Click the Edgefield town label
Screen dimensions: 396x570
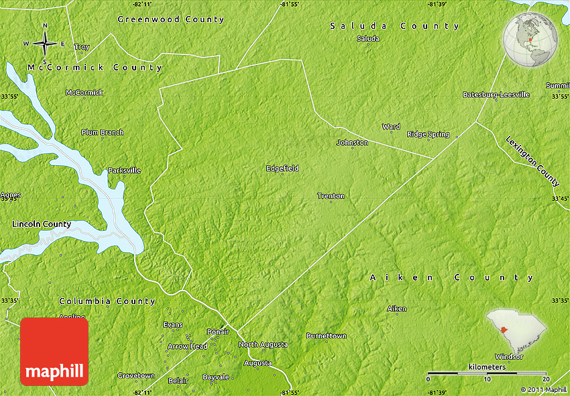282,168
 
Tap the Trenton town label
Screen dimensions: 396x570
331,196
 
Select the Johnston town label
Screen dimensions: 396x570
352,142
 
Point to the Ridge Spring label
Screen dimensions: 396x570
428,134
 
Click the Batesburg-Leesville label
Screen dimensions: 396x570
496,95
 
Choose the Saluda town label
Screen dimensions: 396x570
367,38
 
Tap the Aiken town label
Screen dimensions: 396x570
396,309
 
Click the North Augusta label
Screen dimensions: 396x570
263,344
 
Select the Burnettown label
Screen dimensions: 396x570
327,336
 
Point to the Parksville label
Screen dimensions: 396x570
124,170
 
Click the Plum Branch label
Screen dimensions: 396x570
102,132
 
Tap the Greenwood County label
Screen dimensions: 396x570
170,19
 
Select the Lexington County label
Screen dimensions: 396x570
532,161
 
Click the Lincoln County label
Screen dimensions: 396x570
42,224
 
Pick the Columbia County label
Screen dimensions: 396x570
107,301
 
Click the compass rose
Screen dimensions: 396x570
45,44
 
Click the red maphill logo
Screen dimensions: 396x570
54,352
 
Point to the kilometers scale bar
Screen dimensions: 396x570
487,373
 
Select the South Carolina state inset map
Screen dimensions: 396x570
516,329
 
